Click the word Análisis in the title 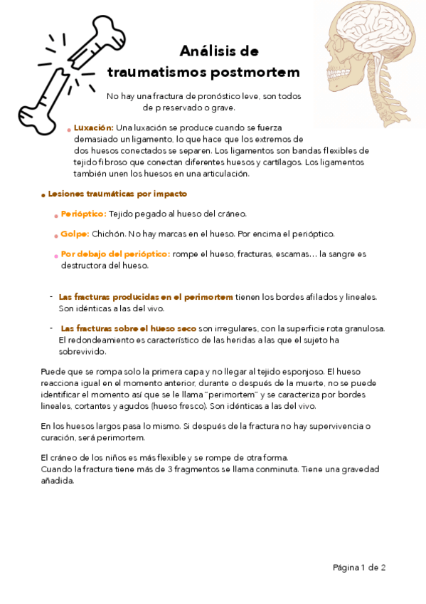[x=206, y=51]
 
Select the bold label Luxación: [x=93, y=127]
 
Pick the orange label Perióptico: [x=83, y=214]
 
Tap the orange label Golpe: [x=75, y=234]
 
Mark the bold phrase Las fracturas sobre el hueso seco [x=129, y=328]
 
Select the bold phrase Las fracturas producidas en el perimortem [x=146, y=296]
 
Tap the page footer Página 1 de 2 [x=359, y=568]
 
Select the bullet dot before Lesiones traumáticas [x=43, y=194]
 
